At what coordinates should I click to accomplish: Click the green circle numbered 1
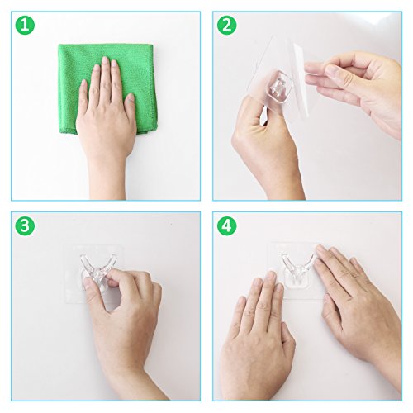point(25,25)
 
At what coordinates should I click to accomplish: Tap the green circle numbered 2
point(227,25)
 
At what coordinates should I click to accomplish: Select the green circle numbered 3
point(25,225)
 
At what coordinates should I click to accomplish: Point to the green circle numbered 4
point(227,225)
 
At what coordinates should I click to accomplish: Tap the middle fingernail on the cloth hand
point(105,61)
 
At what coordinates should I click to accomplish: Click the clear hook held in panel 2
point(278,86)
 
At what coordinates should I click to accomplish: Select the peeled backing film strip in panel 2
point(300,80)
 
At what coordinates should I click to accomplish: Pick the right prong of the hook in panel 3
point(112,263)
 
